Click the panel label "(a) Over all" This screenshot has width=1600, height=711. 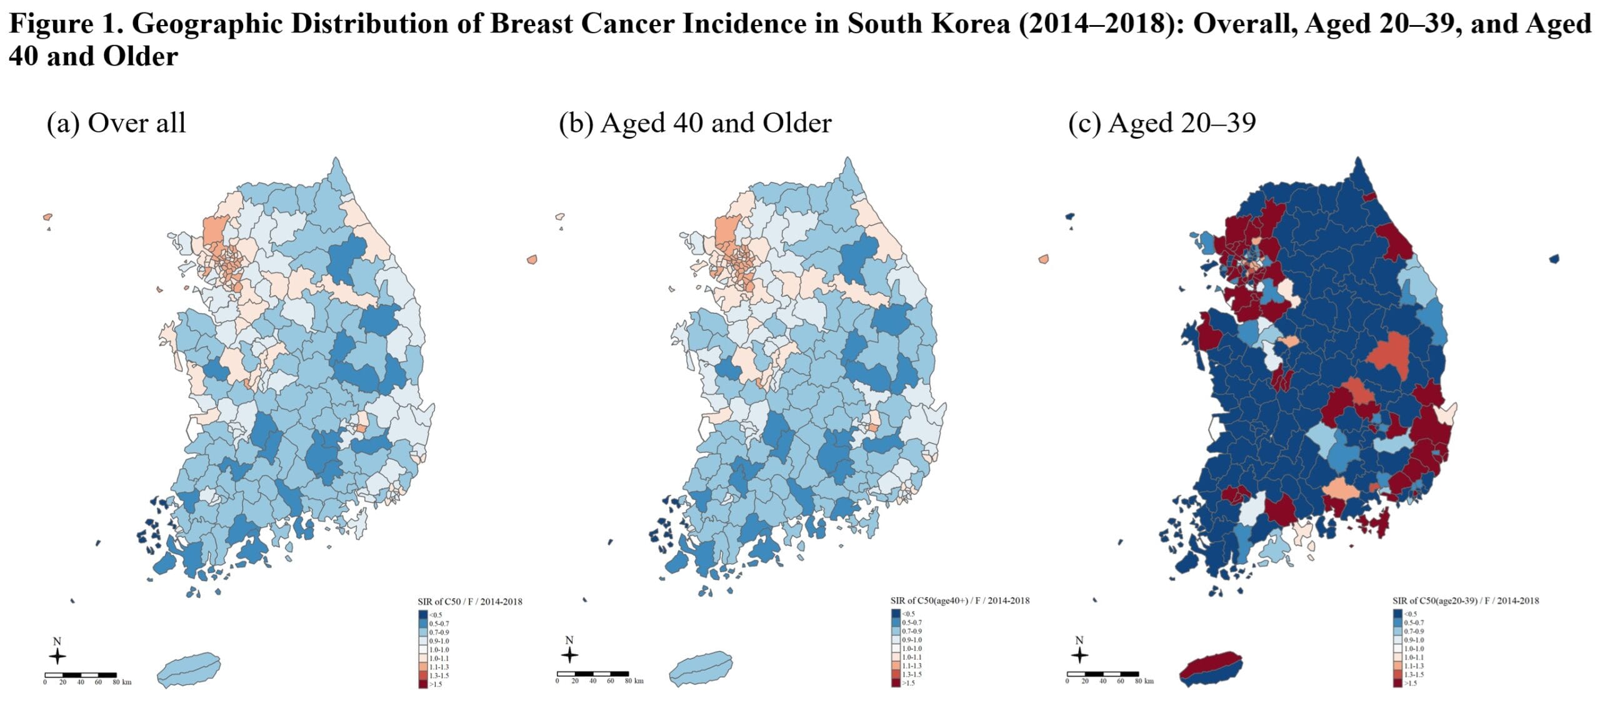coord(116,123)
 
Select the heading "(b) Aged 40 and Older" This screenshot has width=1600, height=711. coord(695,123)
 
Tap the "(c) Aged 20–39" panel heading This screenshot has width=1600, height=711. coord(1162,123)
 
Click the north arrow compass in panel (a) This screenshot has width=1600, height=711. coord(57,656)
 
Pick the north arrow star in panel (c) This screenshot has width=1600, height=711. coord(1079,655)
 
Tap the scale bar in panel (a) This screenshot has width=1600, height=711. coord(81,675)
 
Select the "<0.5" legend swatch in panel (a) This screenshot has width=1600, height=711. coord(422,615)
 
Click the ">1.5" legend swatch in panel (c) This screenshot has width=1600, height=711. coord(1398,683)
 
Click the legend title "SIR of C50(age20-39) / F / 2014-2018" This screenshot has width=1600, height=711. coord(1466,600)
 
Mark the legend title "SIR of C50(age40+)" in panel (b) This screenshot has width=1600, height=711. coord(960,600)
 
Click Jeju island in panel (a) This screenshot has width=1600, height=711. coord(189,670)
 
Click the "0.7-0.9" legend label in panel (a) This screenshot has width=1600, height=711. coord(439,632)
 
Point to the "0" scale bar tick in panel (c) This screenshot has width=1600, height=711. coord(1067,681)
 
